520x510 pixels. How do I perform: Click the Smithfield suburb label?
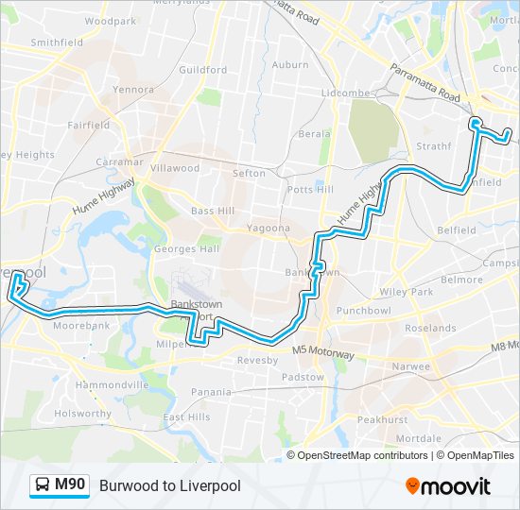[x=57, y=42]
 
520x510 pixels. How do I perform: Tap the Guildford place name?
[x=202, y=70]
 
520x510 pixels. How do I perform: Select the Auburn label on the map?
[x=290, y=65]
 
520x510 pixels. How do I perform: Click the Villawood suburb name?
[x=175, y=168]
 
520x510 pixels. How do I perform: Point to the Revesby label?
[x=257, y=361]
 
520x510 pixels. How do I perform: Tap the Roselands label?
[x=429, y=329]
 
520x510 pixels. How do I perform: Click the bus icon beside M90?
[x=43, y=486]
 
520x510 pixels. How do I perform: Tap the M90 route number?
[x=71, y=485]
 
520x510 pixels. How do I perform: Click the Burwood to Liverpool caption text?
[x=170, y=486]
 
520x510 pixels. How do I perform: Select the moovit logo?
[x=448, y=486]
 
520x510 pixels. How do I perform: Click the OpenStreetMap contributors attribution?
[x=362, y=455]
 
